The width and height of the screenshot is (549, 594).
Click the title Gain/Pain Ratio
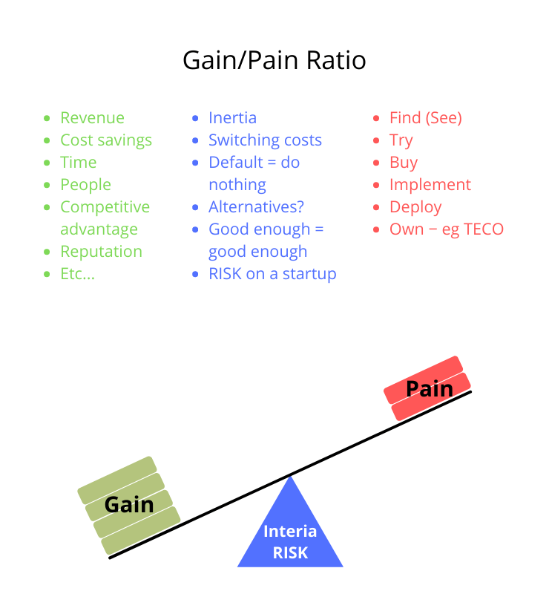point(274,60)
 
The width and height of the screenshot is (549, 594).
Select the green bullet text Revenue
point(92,118)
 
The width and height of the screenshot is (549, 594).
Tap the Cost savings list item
point(105,140)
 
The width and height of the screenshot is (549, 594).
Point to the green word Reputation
point(101,252)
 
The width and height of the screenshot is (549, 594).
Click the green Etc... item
point(77,274)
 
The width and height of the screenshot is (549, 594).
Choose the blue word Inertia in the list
point(232,118)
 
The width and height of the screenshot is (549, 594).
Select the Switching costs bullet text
point(265,140)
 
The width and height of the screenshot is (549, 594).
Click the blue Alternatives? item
point(256,207)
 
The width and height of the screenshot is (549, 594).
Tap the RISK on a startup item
point(272,274)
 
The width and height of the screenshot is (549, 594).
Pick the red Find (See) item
point(425,118)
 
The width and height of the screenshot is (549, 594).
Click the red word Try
point(401,140)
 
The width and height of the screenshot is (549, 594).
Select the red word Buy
point(404,163)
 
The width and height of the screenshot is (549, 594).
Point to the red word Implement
point(430,185)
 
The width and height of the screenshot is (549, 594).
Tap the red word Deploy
point(415,207)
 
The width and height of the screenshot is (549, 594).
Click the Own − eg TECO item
point(446,229)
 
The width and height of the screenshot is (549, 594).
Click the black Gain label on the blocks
point(129,505)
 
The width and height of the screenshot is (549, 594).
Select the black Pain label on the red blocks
point(430,388)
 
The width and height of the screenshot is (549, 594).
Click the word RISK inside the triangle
point(290,552)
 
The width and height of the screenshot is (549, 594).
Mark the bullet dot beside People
point(47,185)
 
